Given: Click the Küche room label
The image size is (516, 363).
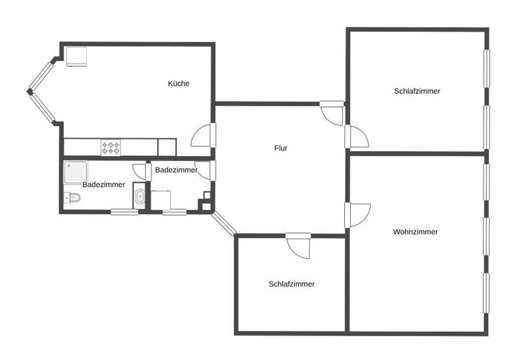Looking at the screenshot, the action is (x=179, y=84).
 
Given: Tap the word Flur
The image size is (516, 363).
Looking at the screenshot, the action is (x=281, y=149).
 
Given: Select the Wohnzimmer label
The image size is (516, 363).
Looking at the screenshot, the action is (x=415, y=232).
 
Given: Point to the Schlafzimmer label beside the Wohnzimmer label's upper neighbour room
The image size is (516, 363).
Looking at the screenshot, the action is (x=417, y=91).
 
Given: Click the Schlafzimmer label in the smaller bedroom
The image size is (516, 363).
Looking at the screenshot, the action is (x=292, y=284).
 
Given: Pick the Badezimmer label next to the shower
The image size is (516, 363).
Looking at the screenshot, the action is (x=104, y=185).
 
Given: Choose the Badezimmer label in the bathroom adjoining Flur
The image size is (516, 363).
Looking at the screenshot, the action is (x=176, y=170).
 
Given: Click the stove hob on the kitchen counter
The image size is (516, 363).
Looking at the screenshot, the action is (x=110, y=148).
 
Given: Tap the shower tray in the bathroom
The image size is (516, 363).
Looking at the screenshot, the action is (x=76, y=172).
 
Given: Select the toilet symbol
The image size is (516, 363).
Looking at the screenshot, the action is (x=73, y=198).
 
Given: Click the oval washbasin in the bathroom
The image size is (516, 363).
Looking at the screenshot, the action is (x=140, y=196).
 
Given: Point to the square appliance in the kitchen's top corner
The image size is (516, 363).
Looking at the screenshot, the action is (x=77, y=56).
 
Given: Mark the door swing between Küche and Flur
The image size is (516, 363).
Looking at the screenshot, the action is (x=202, y=135).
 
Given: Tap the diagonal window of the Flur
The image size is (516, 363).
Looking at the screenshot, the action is (x=224, y=224).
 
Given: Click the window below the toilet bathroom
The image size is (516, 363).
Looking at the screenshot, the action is (x=124, y=212).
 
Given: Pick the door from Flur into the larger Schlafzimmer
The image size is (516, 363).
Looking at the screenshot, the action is (x=357, y=136).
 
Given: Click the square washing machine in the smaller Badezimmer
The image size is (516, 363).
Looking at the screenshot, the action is (x=161, y=200).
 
